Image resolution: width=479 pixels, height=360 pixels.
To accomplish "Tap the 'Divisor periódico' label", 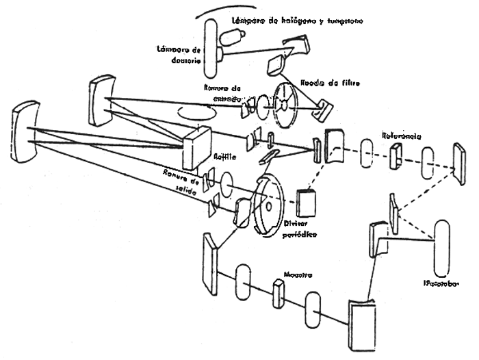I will coord(300,229).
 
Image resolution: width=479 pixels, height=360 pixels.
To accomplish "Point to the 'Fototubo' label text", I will coord(439,283).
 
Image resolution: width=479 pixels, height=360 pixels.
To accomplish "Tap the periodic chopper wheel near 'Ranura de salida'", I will coord(266,203).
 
